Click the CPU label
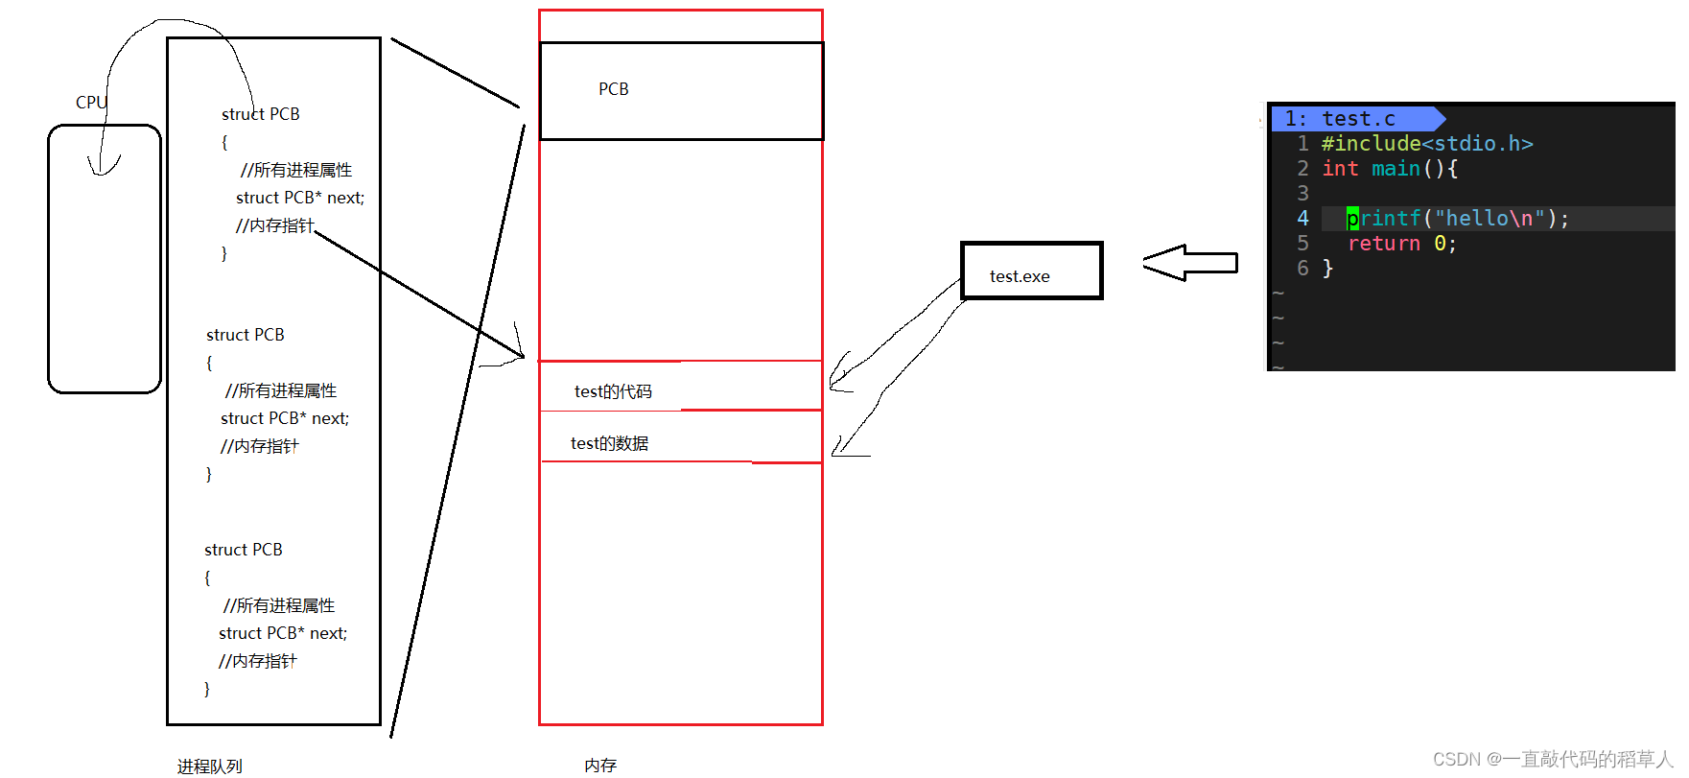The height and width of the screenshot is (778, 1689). click(x=90, y=103)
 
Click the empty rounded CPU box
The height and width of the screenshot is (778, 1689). click(x=104, y=259)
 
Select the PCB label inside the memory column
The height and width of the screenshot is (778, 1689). click(x=614, y=89)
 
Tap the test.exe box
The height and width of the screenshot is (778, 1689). click(x=1031, y=271)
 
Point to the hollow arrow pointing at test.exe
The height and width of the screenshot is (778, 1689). click(x=1189, y=263)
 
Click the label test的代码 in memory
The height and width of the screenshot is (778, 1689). click(x=613, y=391)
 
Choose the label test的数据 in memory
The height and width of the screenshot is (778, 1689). click(x=609, y=443)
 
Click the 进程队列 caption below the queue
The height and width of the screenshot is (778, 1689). click(x=209, y=766)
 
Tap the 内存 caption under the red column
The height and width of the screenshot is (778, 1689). click(x=600, y=766)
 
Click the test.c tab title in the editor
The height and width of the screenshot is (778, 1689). click(x=1357, y=119)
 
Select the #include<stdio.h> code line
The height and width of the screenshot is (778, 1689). click(x=1426, y=144)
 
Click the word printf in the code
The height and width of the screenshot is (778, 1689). click(x=1383, y=219)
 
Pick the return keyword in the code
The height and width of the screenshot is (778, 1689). click(x=1383, y=244)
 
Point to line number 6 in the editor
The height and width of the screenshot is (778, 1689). click(x=1302, y=269)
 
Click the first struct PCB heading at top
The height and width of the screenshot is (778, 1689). click(x=261, y=114)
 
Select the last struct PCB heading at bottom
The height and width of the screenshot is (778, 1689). click(x=244, y=550)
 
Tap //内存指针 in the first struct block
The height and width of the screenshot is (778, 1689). click(x=275, y=225)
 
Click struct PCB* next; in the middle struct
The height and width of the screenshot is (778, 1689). click(x=285, y=418)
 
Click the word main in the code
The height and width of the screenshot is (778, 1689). click(x=1396, y=169)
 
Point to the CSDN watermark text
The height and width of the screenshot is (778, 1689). click(x=1552, y=759)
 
